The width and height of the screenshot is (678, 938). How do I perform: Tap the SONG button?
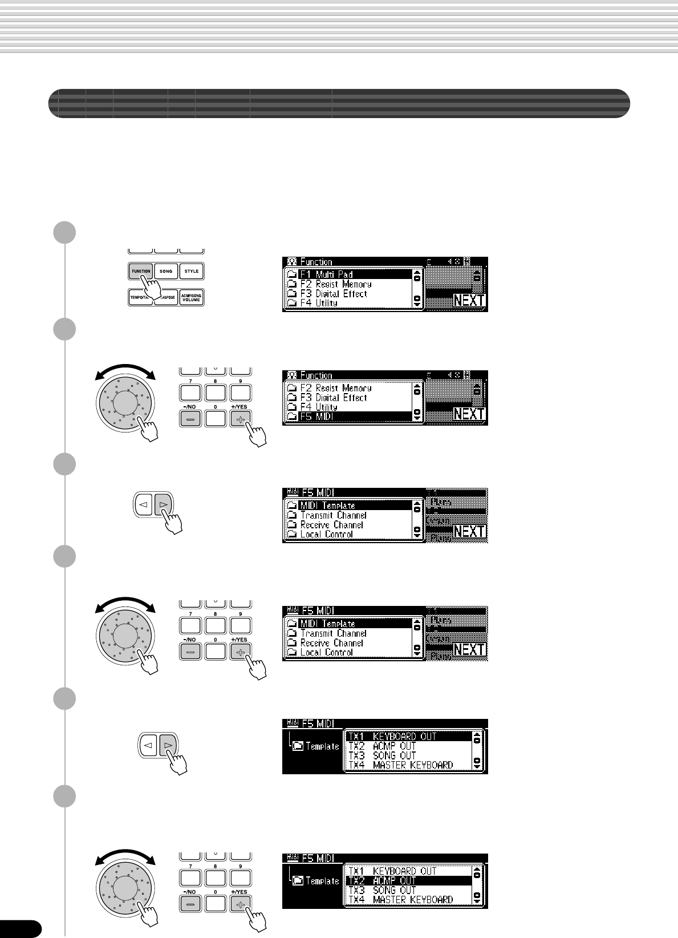point(166,271)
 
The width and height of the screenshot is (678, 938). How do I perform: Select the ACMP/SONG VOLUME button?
point(192,297)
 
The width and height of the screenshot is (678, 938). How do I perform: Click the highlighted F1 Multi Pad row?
point(348,274)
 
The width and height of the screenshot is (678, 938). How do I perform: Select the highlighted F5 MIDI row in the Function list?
point(348,417)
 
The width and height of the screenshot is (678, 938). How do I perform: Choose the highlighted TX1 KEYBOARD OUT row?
point(408,737)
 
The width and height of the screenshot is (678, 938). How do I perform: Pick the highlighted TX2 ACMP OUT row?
point(408,881)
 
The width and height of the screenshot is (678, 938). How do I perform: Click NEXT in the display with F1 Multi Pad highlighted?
point(469,301)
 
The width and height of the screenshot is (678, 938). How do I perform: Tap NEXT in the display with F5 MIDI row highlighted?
point(469,414)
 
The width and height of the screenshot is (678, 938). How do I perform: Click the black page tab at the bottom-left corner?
point(20,929)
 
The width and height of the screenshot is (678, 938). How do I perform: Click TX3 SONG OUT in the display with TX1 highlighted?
point(394,755)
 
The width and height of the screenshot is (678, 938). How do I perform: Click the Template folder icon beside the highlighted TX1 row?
point(298,746)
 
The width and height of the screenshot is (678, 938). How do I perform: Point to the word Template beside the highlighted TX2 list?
point(323,881)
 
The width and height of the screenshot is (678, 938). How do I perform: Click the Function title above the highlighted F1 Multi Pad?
point(316,262)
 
